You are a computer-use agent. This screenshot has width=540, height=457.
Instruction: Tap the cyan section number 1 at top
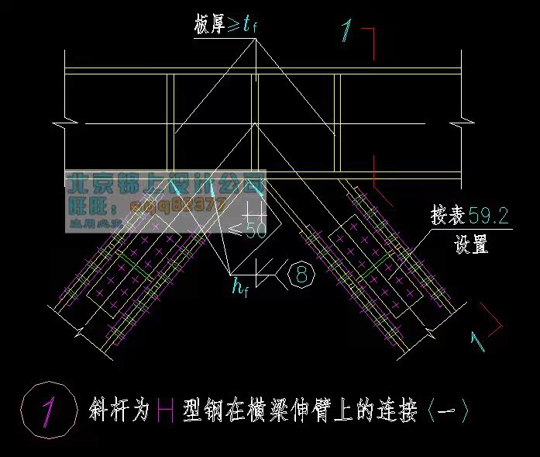coord(347,32)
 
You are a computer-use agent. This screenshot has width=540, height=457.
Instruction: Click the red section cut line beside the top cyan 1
coord(374,43)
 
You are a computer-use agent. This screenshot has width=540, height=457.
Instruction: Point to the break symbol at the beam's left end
coord(60,123)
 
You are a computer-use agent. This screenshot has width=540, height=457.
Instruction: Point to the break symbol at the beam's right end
coord(465,122)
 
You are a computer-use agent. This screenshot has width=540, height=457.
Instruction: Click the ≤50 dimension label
coord(249,229)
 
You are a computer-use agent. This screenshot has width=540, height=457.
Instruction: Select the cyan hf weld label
coord(239,287)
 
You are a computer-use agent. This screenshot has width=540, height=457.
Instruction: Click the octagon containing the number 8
coord(301,274)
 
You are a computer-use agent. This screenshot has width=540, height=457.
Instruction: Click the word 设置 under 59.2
coord(470,246)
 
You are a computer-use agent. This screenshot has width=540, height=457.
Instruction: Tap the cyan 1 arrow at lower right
coord(478,341)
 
